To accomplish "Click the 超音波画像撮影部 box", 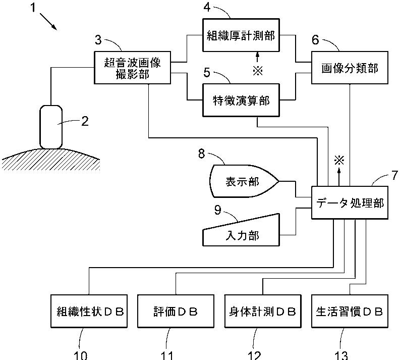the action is (x=132, y=68).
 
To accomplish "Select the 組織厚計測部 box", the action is (x=241, y=35).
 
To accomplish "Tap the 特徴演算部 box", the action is (x=241, y=100).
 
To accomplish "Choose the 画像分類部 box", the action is (x=350, y=68).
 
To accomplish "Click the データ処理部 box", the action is (x=350, y=203).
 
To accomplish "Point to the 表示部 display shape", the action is (x=244, y=181).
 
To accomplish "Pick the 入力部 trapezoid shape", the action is (x=241, y=230).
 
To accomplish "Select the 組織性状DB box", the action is (x=89, y=311).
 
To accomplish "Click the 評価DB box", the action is (x=176, y=311).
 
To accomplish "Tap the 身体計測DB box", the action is (x=263, y=311).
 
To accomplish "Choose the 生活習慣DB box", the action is (x=350, y=311).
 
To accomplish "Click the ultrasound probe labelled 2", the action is (x=51, y=127).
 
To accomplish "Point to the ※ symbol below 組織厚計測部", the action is (x=258, y=71).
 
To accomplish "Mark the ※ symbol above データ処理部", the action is (x=339, y=161).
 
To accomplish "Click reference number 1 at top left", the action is (x=33, y=8).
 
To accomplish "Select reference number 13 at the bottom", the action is (x=341, y=355).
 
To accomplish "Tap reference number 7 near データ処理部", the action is (x=394, y=175).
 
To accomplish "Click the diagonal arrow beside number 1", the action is (x=48, y=21).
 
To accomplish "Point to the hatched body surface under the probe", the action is (x=51, y=160).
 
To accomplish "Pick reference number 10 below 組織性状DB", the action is (x=80, y=355).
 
